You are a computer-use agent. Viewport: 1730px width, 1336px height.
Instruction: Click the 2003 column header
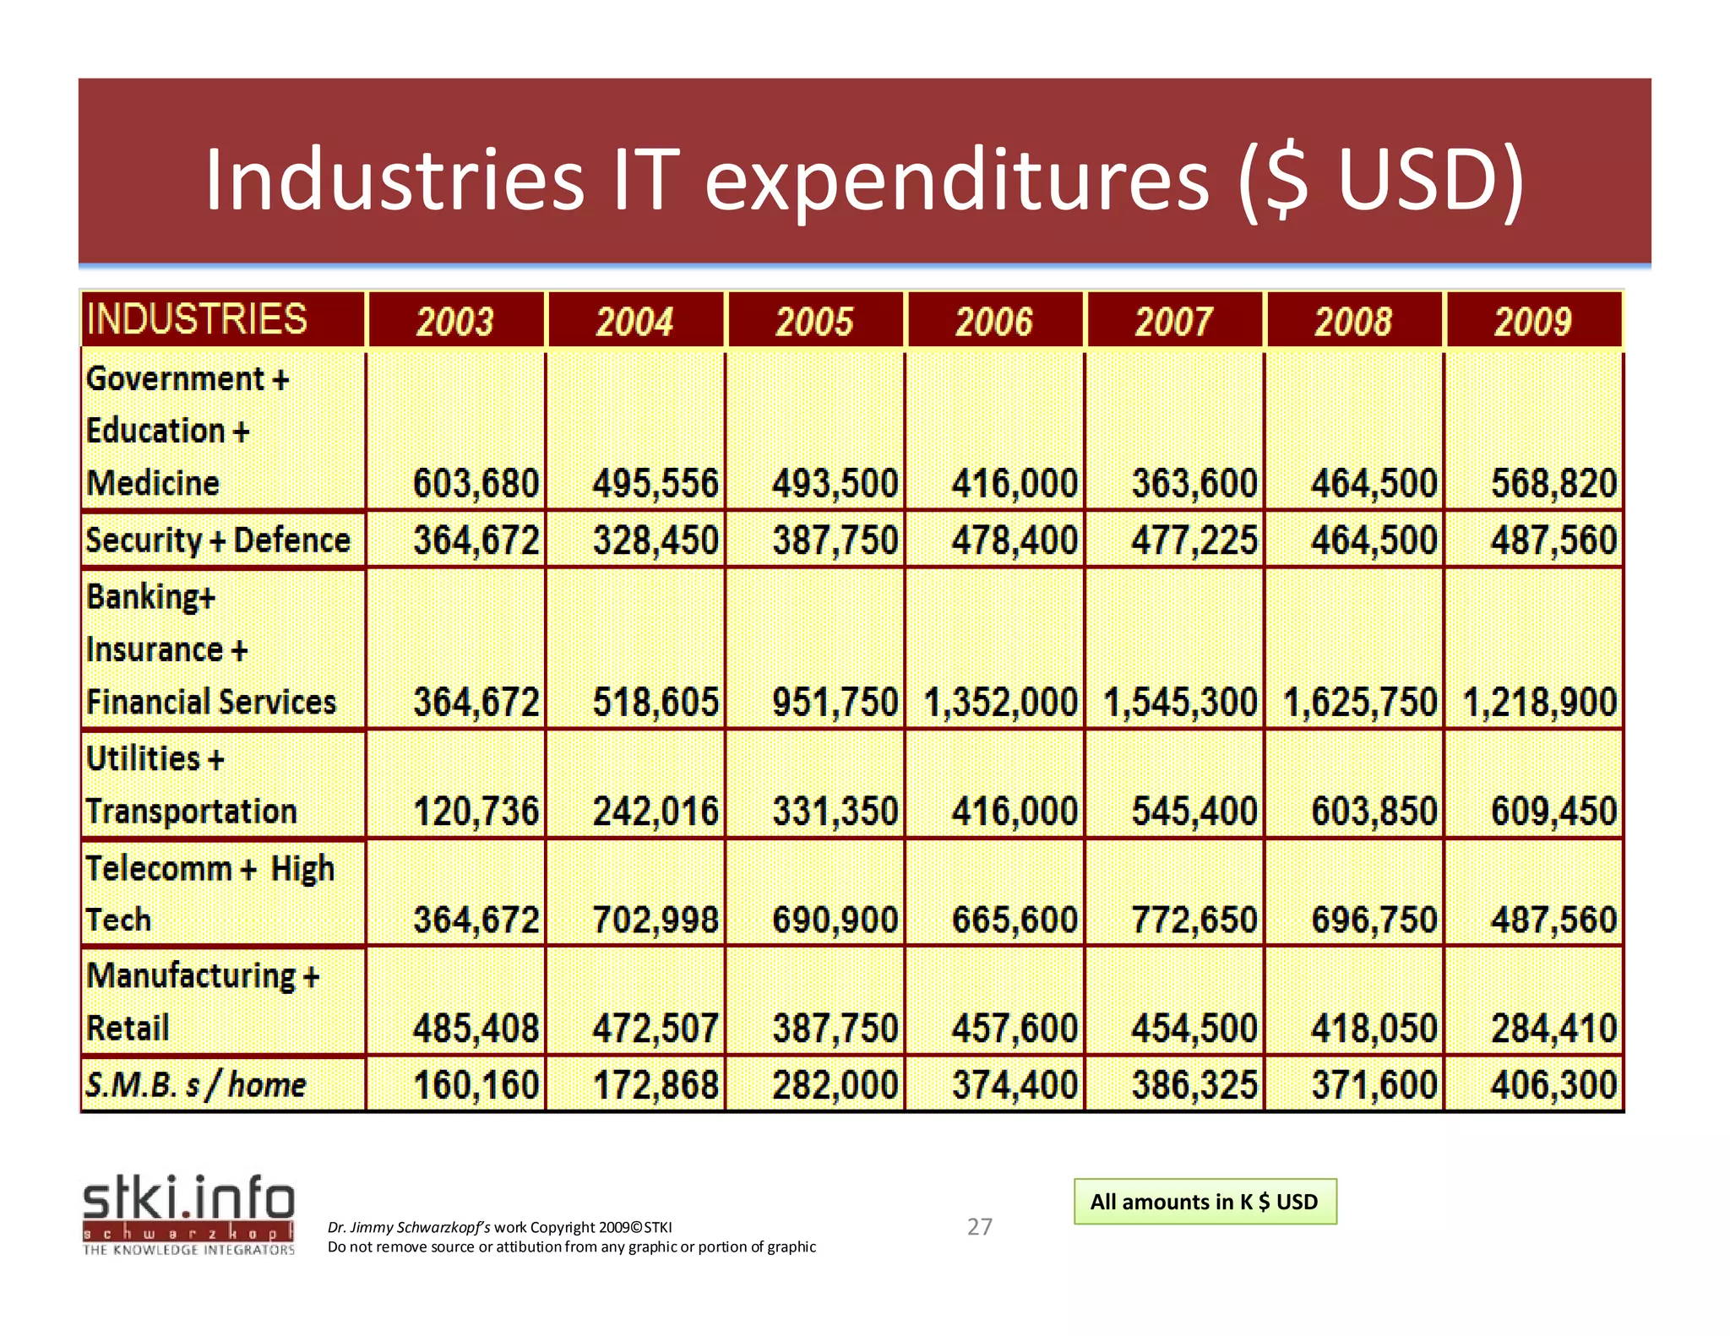pos(455,322)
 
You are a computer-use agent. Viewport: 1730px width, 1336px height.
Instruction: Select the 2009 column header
pos(1533,322)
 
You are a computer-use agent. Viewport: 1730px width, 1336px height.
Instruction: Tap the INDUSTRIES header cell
pos(197,319)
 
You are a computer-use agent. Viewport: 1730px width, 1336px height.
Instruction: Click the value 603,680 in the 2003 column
pos(476,484)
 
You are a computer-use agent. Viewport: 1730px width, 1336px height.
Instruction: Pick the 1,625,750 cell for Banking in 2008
pos(1360,703)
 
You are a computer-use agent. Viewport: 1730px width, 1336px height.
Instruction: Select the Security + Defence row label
pos(218,540)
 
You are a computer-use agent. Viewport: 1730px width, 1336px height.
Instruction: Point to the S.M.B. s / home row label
pos(196,1084)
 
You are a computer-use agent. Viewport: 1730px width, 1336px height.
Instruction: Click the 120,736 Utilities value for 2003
pos(476,812)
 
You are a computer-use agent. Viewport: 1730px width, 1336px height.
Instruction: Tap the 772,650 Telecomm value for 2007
pos(1194,920)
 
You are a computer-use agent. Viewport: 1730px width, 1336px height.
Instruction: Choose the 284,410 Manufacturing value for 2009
pos(1553,1029)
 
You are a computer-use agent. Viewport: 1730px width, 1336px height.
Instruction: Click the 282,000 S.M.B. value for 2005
pos(835,1085)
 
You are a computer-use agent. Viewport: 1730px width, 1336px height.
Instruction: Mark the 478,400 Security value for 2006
pos(1015,540)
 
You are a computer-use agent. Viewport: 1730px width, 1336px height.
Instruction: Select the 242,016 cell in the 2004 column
pos(656,812)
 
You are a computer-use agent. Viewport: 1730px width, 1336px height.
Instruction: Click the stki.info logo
pos(188,1214)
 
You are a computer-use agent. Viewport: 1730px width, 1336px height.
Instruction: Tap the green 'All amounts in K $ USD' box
pos(1205,1202)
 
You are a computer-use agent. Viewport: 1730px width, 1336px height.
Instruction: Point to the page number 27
pos(980,1226)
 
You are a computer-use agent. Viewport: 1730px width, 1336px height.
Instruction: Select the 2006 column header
pos(994,322)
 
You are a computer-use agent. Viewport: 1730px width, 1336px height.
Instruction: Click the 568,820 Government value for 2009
pos(1553,484)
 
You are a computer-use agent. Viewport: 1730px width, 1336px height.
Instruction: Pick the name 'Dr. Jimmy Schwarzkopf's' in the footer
pos(409,1227)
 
